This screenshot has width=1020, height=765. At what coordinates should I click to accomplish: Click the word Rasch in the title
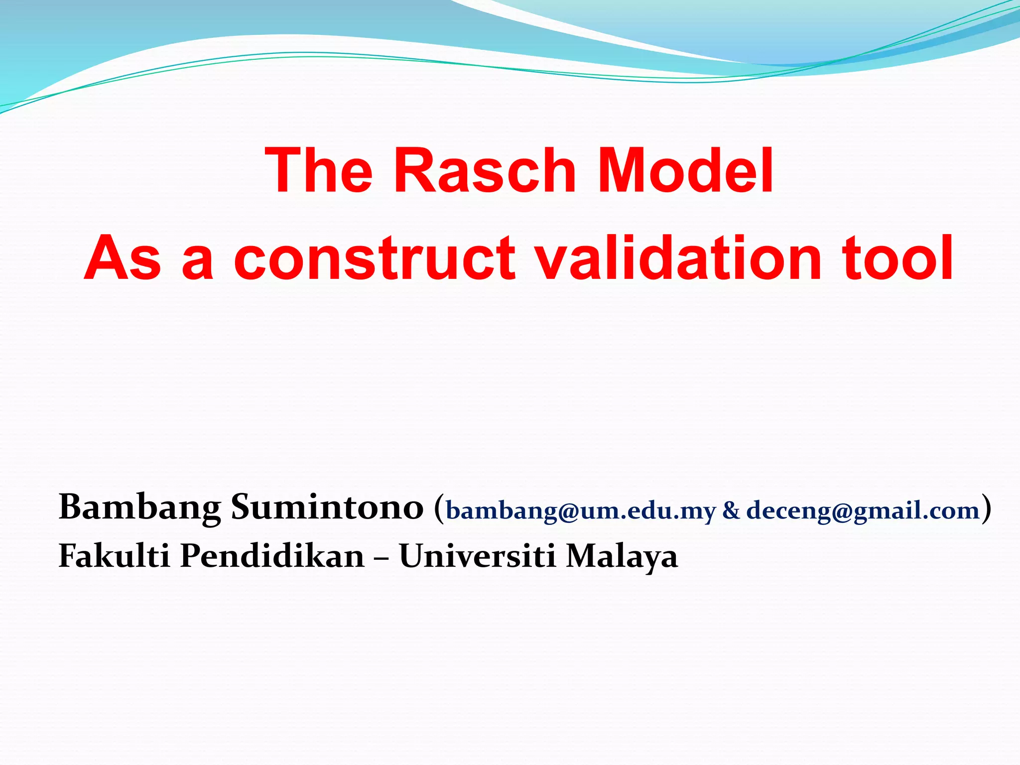pos(485,170)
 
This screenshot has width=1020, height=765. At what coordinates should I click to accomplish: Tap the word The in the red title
pos(319,170)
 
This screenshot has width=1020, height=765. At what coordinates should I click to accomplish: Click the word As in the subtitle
pos(123,258)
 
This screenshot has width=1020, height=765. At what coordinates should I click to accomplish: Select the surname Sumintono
pos(327,507)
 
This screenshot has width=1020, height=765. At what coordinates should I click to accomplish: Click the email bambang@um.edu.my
pos(581,511)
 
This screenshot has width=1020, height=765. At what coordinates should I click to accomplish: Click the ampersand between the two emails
pos(731,511)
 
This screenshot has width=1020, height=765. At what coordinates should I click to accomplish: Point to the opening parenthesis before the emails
pos(438,508)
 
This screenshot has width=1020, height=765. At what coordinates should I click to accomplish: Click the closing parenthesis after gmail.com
pos(986,508)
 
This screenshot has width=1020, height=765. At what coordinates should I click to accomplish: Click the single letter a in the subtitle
pos(198,264)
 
